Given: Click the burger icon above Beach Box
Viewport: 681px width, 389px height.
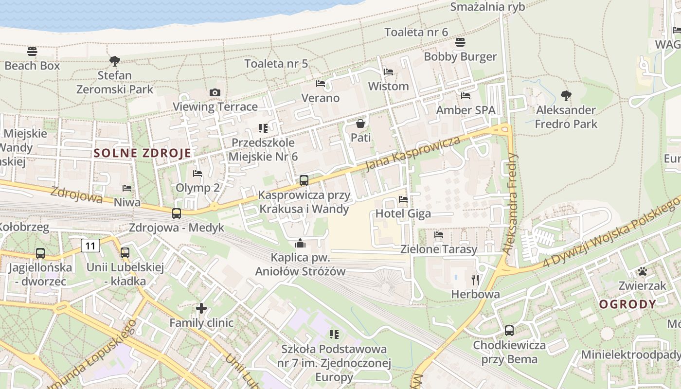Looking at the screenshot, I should pos(32,51).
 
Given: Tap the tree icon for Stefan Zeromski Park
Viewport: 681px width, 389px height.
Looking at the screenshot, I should pos(115,61).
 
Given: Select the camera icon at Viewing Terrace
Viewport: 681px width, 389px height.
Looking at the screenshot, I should pos(215,92).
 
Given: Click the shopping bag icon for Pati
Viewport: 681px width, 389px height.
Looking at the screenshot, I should pos(360,124).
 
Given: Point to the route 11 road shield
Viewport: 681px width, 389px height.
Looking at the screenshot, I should pos(90,246).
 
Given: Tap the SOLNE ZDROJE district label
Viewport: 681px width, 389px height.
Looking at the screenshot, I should pos(143,153).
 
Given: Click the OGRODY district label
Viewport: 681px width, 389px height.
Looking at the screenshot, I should pos(627,304).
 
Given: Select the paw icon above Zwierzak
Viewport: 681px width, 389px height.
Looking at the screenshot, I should pos(643,271).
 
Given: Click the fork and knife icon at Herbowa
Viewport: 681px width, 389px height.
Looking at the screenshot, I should pos(475,280).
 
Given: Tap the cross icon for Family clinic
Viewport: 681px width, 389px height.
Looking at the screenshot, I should pos(201,308).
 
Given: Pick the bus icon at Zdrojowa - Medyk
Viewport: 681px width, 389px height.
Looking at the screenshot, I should pos(177,213).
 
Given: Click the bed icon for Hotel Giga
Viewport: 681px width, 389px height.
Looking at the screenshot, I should pos(403,199).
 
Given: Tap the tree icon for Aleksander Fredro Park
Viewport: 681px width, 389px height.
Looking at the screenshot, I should pos(566,96).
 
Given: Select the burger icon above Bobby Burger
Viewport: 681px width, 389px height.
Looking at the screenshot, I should pos(460,42).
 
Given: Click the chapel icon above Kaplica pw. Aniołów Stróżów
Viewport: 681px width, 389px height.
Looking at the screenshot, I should pos(300,243).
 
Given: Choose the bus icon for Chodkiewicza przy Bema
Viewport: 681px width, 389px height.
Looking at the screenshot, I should pos(509,331).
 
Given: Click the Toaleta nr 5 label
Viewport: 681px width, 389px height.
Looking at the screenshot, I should pos(276,64).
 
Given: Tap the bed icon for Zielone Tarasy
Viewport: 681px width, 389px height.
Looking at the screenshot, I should pos(438,235).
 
